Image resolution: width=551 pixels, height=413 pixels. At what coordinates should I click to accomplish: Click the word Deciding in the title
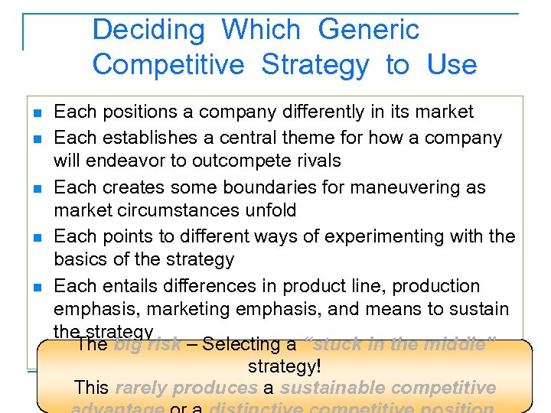(148, 30)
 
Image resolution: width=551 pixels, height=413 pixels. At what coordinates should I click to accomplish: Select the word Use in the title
(452, 65)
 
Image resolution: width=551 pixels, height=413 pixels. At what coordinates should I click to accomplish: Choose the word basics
(82, 259)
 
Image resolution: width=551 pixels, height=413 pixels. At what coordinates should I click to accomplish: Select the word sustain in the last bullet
(479, 309)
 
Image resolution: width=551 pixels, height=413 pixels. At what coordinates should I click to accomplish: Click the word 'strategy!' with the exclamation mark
(282, 366)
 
